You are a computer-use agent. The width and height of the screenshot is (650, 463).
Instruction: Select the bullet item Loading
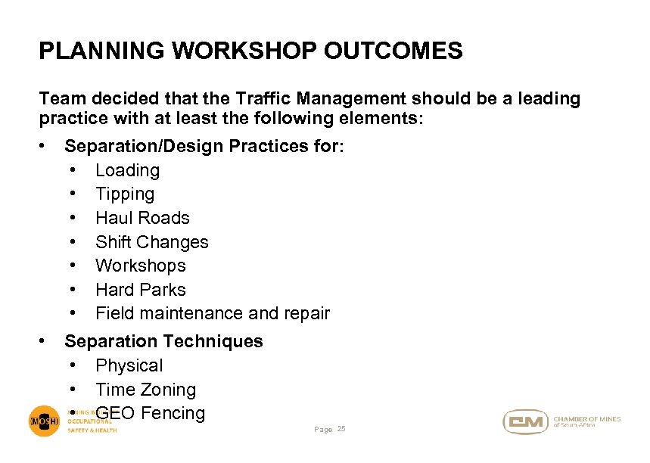click(x=127, y=170)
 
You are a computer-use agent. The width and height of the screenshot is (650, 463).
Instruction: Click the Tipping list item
click(x=124, y=194)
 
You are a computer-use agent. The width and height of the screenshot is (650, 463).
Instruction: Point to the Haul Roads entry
click(x=142, y=218)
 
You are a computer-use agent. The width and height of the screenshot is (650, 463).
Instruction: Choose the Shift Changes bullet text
click(x=151, y=242)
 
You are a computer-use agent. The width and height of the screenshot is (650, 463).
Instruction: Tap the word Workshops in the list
click(x=140, y=266)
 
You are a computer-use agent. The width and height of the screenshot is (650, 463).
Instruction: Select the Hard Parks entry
click(x=140, y=290)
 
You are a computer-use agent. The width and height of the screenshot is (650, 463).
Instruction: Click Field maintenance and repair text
click(x=212, y=313)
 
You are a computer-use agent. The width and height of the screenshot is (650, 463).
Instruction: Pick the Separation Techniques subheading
click(x=163, y=341)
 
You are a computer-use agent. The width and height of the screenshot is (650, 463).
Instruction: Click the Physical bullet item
click(x=129, y=365)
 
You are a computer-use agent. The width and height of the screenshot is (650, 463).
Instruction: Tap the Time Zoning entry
click(x=145, y=390)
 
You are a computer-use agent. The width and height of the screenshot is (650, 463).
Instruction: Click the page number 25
click(x=341, y=430)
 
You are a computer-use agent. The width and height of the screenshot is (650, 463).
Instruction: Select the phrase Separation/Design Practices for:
click(x=204, y=146)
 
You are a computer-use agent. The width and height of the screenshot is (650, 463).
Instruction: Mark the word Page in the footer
click(x=323, y=430)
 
